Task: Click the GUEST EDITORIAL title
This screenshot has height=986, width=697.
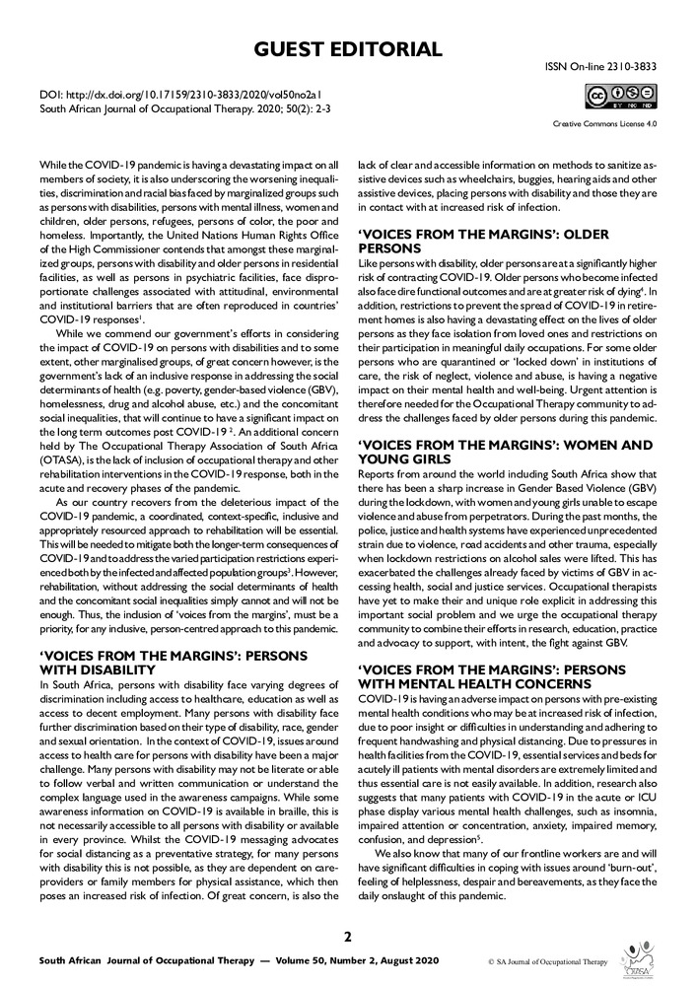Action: (x=348, y=48)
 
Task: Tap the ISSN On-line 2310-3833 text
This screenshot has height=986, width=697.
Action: (x=600, y=67)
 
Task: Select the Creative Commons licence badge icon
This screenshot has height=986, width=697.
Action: (x=621, y=96)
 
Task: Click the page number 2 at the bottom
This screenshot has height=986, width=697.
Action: (x=348, y=936)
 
